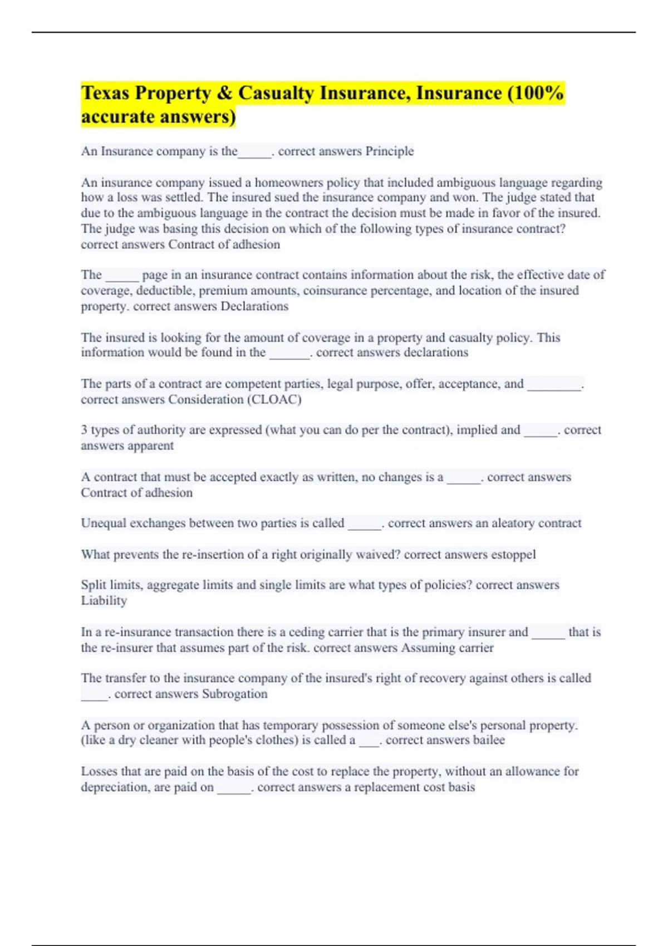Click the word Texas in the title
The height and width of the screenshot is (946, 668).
click(106, 93)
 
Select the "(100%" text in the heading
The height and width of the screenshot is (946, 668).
click(536, 93)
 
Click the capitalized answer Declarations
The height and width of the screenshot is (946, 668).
click(254, 306)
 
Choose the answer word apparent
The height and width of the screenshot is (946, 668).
click(150, 446)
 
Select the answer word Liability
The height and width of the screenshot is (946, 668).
click(104, 600)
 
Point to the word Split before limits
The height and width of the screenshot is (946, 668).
click(93, 585)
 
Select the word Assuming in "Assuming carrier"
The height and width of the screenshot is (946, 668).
click(428, 648)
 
